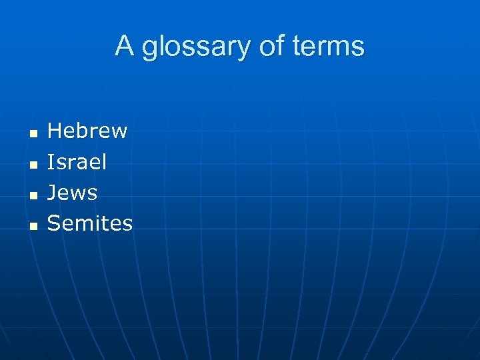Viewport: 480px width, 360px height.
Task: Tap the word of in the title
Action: click(x=276, y=47)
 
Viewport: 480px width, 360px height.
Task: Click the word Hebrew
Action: click(x=87, y=131)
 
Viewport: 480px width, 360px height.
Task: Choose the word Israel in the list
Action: click(x=77, y=162)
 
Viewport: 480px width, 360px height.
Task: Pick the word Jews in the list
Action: click(x=72, y=193)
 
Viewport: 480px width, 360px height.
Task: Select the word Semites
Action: click(x=90, y=223)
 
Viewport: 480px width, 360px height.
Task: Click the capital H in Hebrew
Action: click(x=55, y=131)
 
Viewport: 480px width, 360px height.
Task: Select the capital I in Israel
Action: click(x=51, y=162)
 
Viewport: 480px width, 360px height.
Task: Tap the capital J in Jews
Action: click(x=52, y=193)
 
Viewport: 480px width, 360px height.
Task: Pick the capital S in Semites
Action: click(x=54, y=223)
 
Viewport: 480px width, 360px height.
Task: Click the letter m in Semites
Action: click(x=82, y=225)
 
